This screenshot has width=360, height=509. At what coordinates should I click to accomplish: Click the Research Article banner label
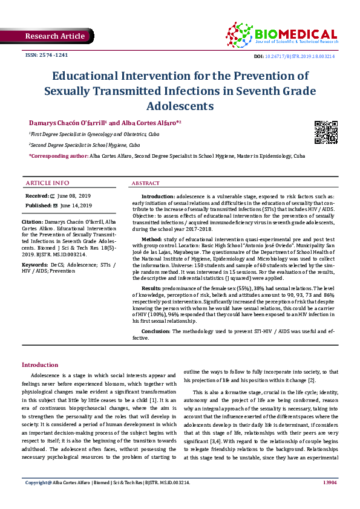pos(55,36)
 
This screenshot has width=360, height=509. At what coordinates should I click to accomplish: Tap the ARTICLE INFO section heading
pos(48,183)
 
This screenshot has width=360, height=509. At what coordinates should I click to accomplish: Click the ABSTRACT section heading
pos(146,183)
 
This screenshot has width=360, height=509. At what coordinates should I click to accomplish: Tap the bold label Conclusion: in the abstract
pos(156,332)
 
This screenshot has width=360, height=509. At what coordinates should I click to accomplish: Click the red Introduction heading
pos(40,365)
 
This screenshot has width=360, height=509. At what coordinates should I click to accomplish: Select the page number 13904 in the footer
pos(330,499)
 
